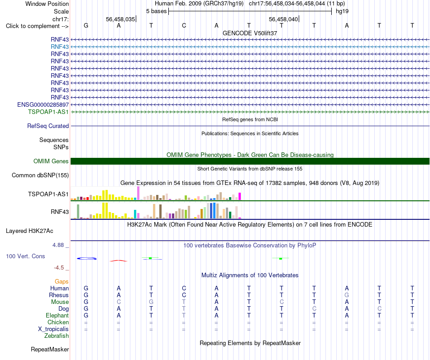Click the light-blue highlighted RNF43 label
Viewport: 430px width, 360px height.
[x=59, y=47]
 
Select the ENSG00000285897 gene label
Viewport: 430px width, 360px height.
[x=43, y=104]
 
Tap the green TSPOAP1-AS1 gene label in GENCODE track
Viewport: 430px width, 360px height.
[x=48, y=112]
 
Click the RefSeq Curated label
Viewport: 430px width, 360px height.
[x=48, y=126]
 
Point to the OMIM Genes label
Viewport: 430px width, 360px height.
[x=51, y=161]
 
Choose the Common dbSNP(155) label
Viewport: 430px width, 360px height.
[x=40, y=175]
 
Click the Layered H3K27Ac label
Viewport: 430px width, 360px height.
[x=29, y=231]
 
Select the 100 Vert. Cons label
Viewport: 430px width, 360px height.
[x=25, y=256]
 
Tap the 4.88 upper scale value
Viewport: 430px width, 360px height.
[x=58, y=245]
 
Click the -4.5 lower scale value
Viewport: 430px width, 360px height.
[x=59, y=267]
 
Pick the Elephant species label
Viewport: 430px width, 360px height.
[x=57, y=316]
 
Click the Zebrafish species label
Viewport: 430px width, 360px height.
[x=57, y=336]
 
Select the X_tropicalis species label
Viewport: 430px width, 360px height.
[x=53, y=329]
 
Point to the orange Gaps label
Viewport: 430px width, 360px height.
[x=62, y=282]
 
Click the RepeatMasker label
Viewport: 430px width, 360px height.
[x=50, y=349]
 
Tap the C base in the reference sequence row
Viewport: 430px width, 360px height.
[x=184, y=25]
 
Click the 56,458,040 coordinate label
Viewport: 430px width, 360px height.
[x=283, y=19]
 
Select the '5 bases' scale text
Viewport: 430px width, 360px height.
[x=156, y=11]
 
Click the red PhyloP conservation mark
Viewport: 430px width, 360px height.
[x=119, y=261]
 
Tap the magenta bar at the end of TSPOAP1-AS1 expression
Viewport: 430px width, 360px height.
[x=240, y=196]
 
